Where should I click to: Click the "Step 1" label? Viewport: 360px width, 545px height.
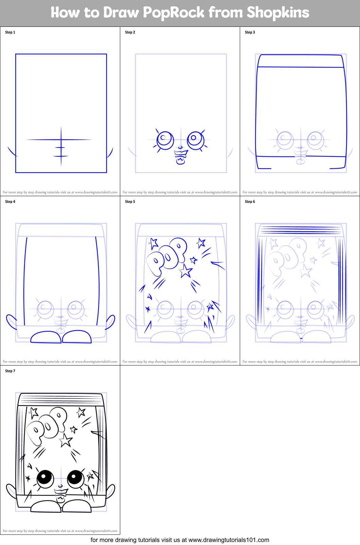tap(10, 32)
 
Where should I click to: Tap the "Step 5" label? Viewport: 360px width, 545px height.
tap(130, 202)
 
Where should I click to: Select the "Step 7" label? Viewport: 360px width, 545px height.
tap(10, 371)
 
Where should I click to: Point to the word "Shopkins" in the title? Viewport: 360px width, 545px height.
tap(278, 13)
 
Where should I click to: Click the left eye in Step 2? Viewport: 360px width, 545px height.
tap(165, 140)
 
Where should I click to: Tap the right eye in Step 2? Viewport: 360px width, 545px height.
tap(196, 139)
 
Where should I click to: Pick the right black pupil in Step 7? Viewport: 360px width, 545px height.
tap(75, 478)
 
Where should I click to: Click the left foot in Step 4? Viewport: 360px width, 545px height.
tap(46, 337)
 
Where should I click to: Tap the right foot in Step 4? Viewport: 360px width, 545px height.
tap(77, 337)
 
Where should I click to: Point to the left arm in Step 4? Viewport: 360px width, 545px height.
tap(11, 322)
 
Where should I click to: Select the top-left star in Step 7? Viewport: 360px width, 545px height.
tap(33, 413)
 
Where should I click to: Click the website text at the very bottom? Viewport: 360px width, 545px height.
tap(180, 540)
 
